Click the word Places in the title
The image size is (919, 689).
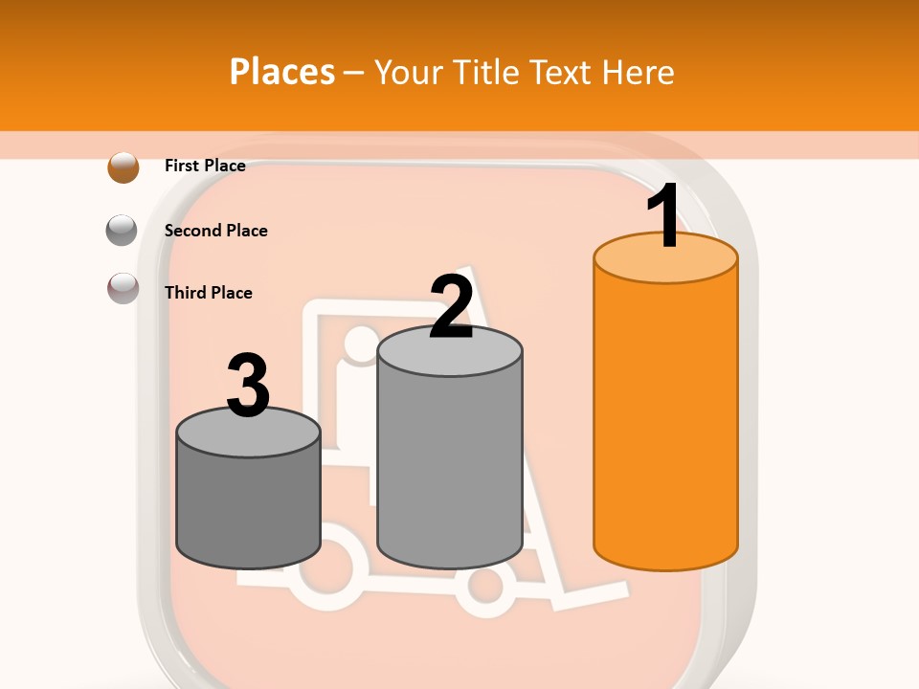click(281, 72)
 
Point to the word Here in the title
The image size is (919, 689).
click(639, 72)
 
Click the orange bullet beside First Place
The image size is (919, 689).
click(123, 167)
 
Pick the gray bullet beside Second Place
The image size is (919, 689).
click(122, 231)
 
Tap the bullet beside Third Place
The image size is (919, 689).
click(123, 288)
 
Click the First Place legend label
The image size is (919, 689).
click(205, 166)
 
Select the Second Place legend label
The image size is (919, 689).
click(215, 231)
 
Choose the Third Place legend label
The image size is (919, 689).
click(208, 293)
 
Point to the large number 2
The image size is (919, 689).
click(451, 306)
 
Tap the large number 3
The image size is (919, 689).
click(248, 385)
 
